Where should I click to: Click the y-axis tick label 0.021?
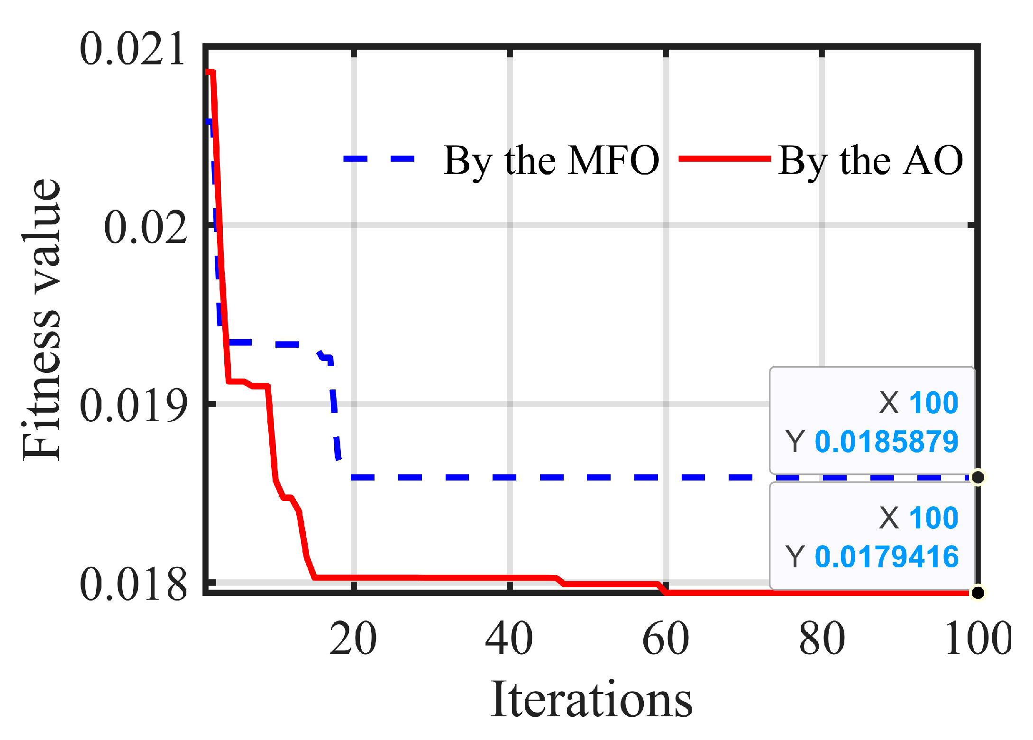point(132,49)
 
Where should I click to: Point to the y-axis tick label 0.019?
point(133,405)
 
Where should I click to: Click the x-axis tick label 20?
point(353,638)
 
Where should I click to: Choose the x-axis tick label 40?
point(509,638)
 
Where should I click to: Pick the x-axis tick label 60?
point(666,638)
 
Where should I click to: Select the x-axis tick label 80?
point(822,638)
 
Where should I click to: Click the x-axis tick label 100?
point(978,638)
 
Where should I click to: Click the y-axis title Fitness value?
point(42,319)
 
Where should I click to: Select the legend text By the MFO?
point(551,160)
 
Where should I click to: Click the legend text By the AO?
point(870,160)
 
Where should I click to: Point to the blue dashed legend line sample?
point(379,159)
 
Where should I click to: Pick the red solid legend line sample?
point(725,159)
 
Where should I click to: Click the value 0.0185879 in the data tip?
point(887,442)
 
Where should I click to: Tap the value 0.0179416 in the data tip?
point(887,556)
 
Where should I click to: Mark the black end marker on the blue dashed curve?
point(978,477)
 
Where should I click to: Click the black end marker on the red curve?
point(978,592)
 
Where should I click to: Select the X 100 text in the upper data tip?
point(918,403)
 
